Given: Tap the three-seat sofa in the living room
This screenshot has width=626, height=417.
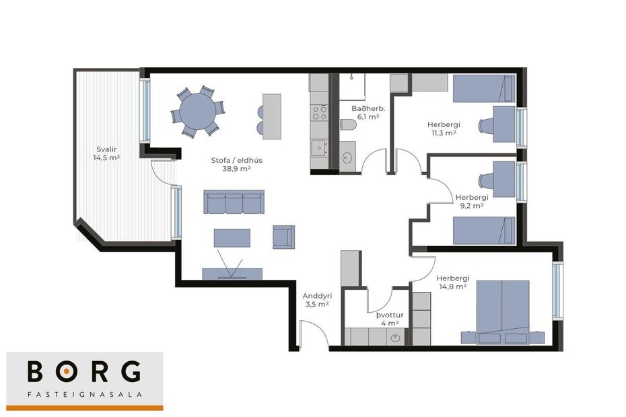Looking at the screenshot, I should click(234, 202).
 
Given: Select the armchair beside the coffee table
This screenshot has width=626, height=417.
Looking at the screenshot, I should click(283, 237).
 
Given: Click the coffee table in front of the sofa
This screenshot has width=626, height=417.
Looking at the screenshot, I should click(232, 239).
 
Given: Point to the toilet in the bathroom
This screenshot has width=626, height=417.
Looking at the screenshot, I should click(347, 124).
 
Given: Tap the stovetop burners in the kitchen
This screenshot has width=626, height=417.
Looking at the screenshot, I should click(319, 112).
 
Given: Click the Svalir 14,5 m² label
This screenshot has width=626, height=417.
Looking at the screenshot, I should click(106, 153).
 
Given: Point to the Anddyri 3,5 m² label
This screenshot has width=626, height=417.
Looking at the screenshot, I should click(316, 300).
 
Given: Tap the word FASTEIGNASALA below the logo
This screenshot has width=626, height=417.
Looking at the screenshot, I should click(85, 394).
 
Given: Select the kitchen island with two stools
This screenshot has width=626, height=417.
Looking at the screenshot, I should click(271, 116).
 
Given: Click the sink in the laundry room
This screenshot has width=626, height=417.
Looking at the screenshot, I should click(396, 338).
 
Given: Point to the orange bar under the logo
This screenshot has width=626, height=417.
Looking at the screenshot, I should click(85, 408).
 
